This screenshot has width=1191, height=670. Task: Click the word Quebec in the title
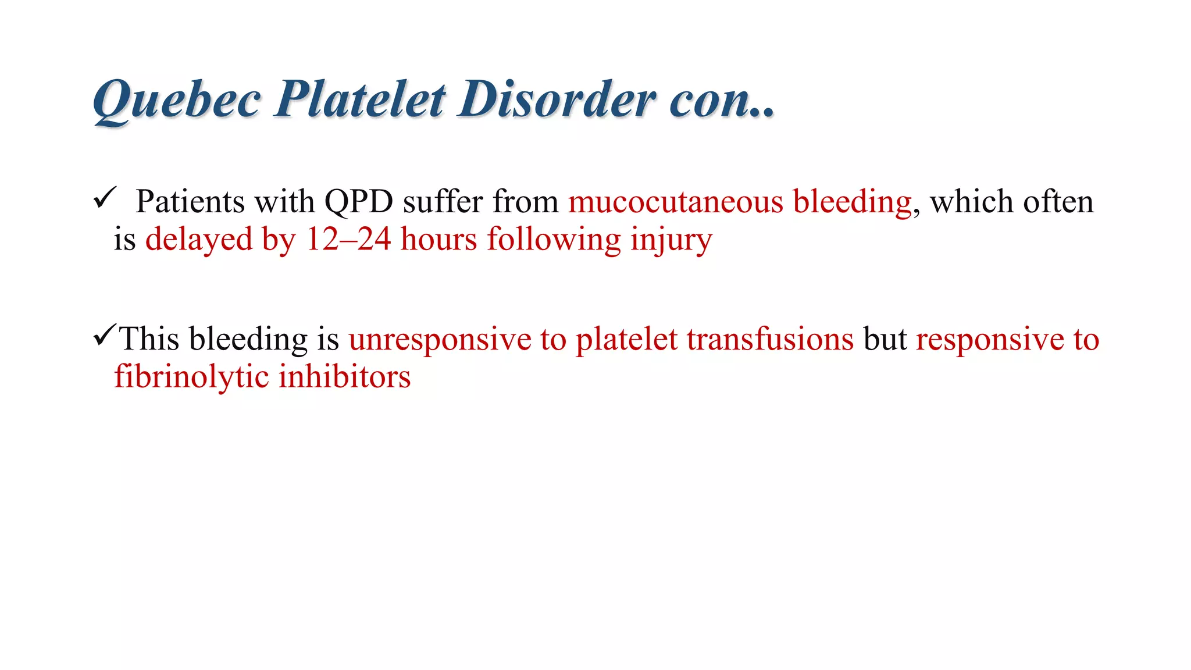(x=176, y=100)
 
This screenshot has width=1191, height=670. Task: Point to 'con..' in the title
(x=721, y=100)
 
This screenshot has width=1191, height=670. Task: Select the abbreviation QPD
(x=358, y=202)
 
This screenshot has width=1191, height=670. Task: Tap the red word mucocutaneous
(x=675, y=202)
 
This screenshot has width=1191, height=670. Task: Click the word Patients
(x=190, y=202)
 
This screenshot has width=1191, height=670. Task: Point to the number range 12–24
(x=348, y=239)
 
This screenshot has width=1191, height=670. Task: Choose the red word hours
(x=438, y=239)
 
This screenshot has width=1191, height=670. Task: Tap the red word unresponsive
(x=440, y=340)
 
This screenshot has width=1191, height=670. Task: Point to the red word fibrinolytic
(x=191, y=377)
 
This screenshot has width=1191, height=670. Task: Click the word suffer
(x=443, y=202)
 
